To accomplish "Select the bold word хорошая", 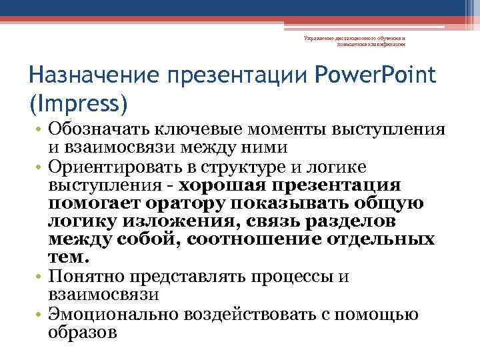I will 225,185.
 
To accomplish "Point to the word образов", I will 83,331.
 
